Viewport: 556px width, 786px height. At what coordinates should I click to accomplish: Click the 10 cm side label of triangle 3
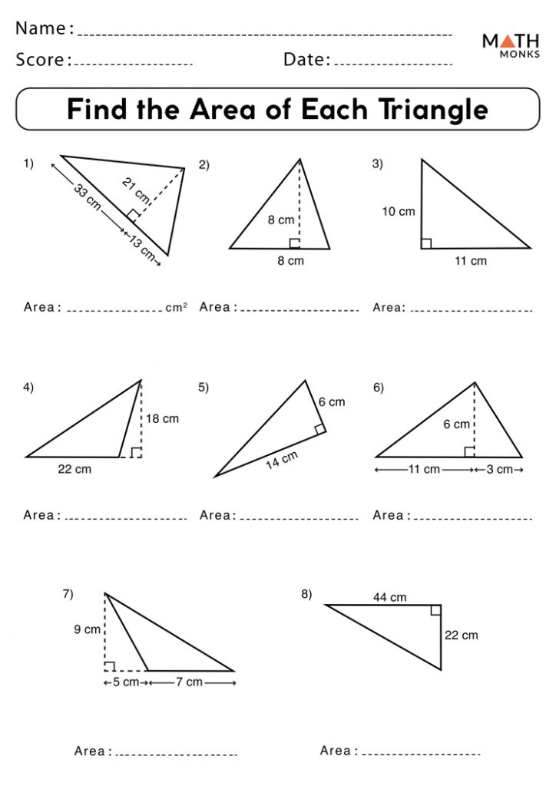[x=399, y=211]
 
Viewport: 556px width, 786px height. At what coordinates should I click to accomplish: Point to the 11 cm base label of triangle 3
[x=471, y=261]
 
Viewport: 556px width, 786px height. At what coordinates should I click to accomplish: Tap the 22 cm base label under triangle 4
[x=74, y=469]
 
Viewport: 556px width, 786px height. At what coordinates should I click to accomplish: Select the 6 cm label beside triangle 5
[x=332, y=401]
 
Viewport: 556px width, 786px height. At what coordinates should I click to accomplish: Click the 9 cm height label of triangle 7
[x=88, y=629]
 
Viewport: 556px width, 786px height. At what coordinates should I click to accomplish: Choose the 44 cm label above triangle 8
[x=391, y=597]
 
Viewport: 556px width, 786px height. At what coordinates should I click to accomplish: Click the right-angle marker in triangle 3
[x=426, y=243]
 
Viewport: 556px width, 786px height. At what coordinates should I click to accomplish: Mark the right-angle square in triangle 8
[x=435, y=610]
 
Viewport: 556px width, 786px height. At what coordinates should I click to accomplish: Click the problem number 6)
[x=379, y=388]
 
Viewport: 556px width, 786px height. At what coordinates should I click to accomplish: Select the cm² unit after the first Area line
[x=176, y=307]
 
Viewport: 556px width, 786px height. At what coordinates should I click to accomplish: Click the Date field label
[x=306, y=59]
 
